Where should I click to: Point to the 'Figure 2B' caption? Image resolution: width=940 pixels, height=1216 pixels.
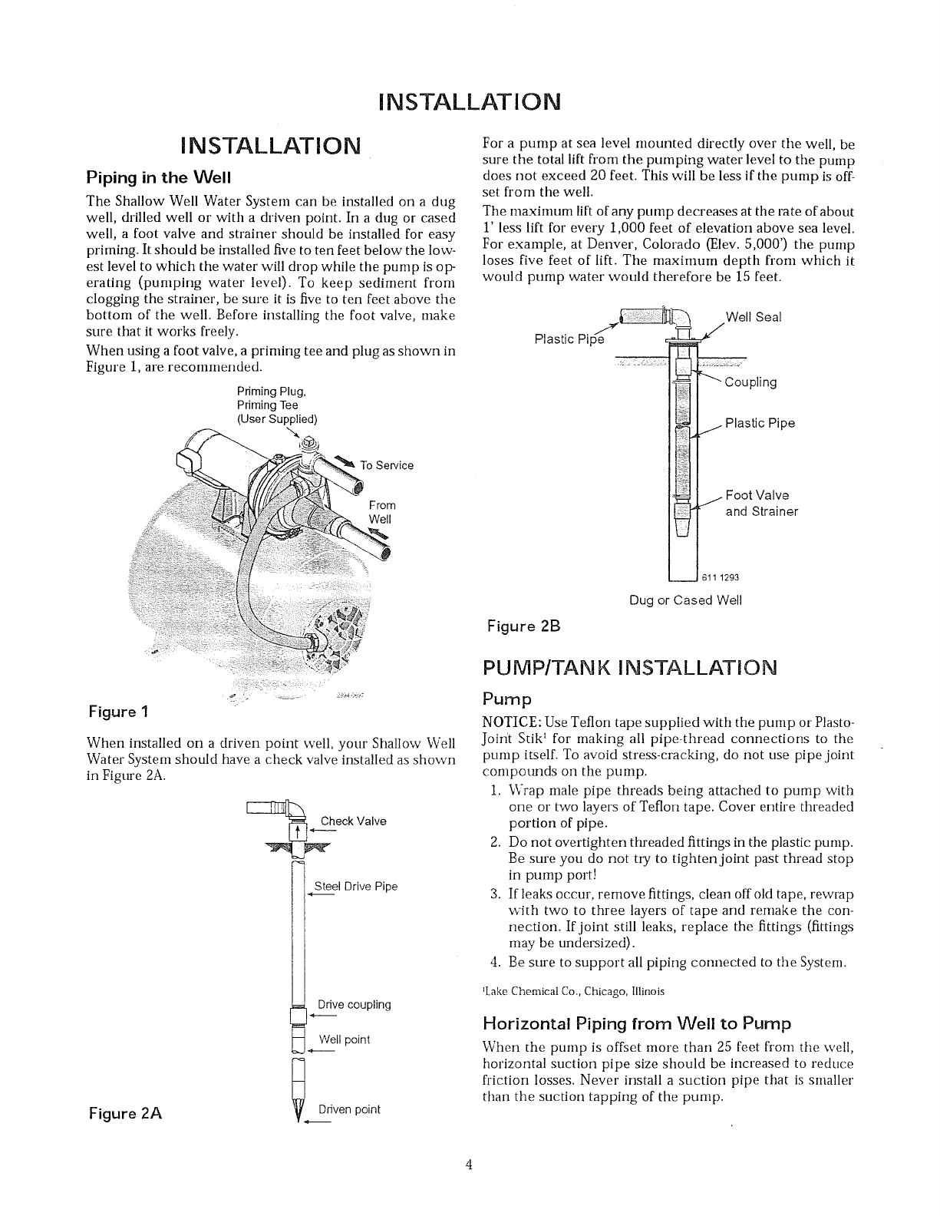pos(524,626)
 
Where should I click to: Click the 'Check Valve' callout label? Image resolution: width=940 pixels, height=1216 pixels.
pos(353,821)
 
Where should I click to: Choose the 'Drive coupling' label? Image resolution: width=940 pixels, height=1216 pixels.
pos(354,1005)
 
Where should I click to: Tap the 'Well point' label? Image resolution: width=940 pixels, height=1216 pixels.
pos(345,1039)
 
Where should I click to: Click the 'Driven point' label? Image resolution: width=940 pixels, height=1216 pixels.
pos(349,1109)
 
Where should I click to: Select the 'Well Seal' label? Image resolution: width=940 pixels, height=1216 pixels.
pos(753,317)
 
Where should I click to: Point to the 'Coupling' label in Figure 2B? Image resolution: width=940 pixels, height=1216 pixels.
pos(750,382)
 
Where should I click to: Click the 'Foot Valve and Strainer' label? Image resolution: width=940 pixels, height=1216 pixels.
pos(761,504)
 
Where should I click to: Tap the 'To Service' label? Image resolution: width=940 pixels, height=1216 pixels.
pos(387,465)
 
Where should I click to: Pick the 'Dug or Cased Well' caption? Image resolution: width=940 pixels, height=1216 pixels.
pos(685,600)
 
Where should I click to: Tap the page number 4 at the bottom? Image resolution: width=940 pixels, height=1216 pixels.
pos(470,1187)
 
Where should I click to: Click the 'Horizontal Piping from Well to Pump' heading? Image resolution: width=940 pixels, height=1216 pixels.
pos(636,1023)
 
